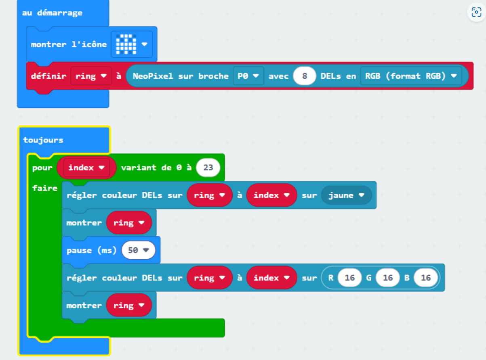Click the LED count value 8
click(x=304, y=76)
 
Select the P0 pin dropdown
click(x=248, y=76)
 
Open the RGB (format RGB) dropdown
click(x=411, y=76)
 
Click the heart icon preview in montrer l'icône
click(x=126, y=44)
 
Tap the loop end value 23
click(x=208, y=167)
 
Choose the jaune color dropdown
click(x=346, y=195)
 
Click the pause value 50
click(x=139, y=250)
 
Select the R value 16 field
click(x=349, y=278)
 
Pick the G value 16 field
click(x=387, y=278)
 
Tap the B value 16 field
click(x=426, y=278)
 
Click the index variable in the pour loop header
click(x=86, y=167)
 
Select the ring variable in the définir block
click(x=91, y=76)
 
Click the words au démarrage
click(x=52, y=13)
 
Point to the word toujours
click(x=43, y=140)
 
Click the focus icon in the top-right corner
click(x=476, y=12)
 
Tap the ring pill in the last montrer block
click(x=129, y=305)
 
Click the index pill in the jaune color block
click(x=271, y=195)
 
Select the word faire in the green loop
click(x=45, y=188)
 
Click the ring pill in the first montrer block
click(x=129, y=223)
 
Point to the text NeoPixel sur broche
click(x=181, y=76)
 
